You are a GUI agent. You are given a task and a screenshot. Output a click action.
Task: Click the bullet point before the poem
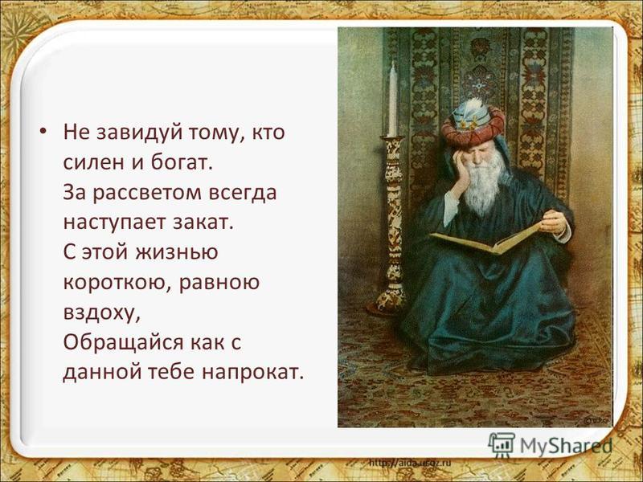click(x=43, y=132)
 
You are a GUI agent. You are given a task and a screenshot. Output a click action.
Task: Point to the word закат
click(x=203, y=223)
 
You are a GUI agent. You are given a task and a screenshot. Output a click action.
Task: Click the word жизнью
click(x=177, y=252)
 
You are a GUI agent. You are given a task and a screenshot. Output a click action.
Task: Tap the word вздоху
click(x=102, y=313)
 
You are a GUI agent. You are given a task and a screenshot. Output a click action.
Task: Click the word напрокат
click(x=252, y=372)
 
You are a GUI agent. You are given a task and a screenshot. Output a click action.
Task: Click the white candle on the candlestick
click(x=392, y=100)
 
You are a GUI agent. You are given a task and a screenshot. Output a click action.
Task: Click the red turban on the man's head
click(x=473, y=126)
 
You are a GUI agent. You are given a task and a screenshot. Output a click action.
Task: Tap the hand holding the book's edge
click(x=554, y=223)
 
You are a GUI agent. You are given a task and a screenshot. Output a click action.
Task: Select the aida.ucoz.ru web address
click(x=410, y=463)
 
